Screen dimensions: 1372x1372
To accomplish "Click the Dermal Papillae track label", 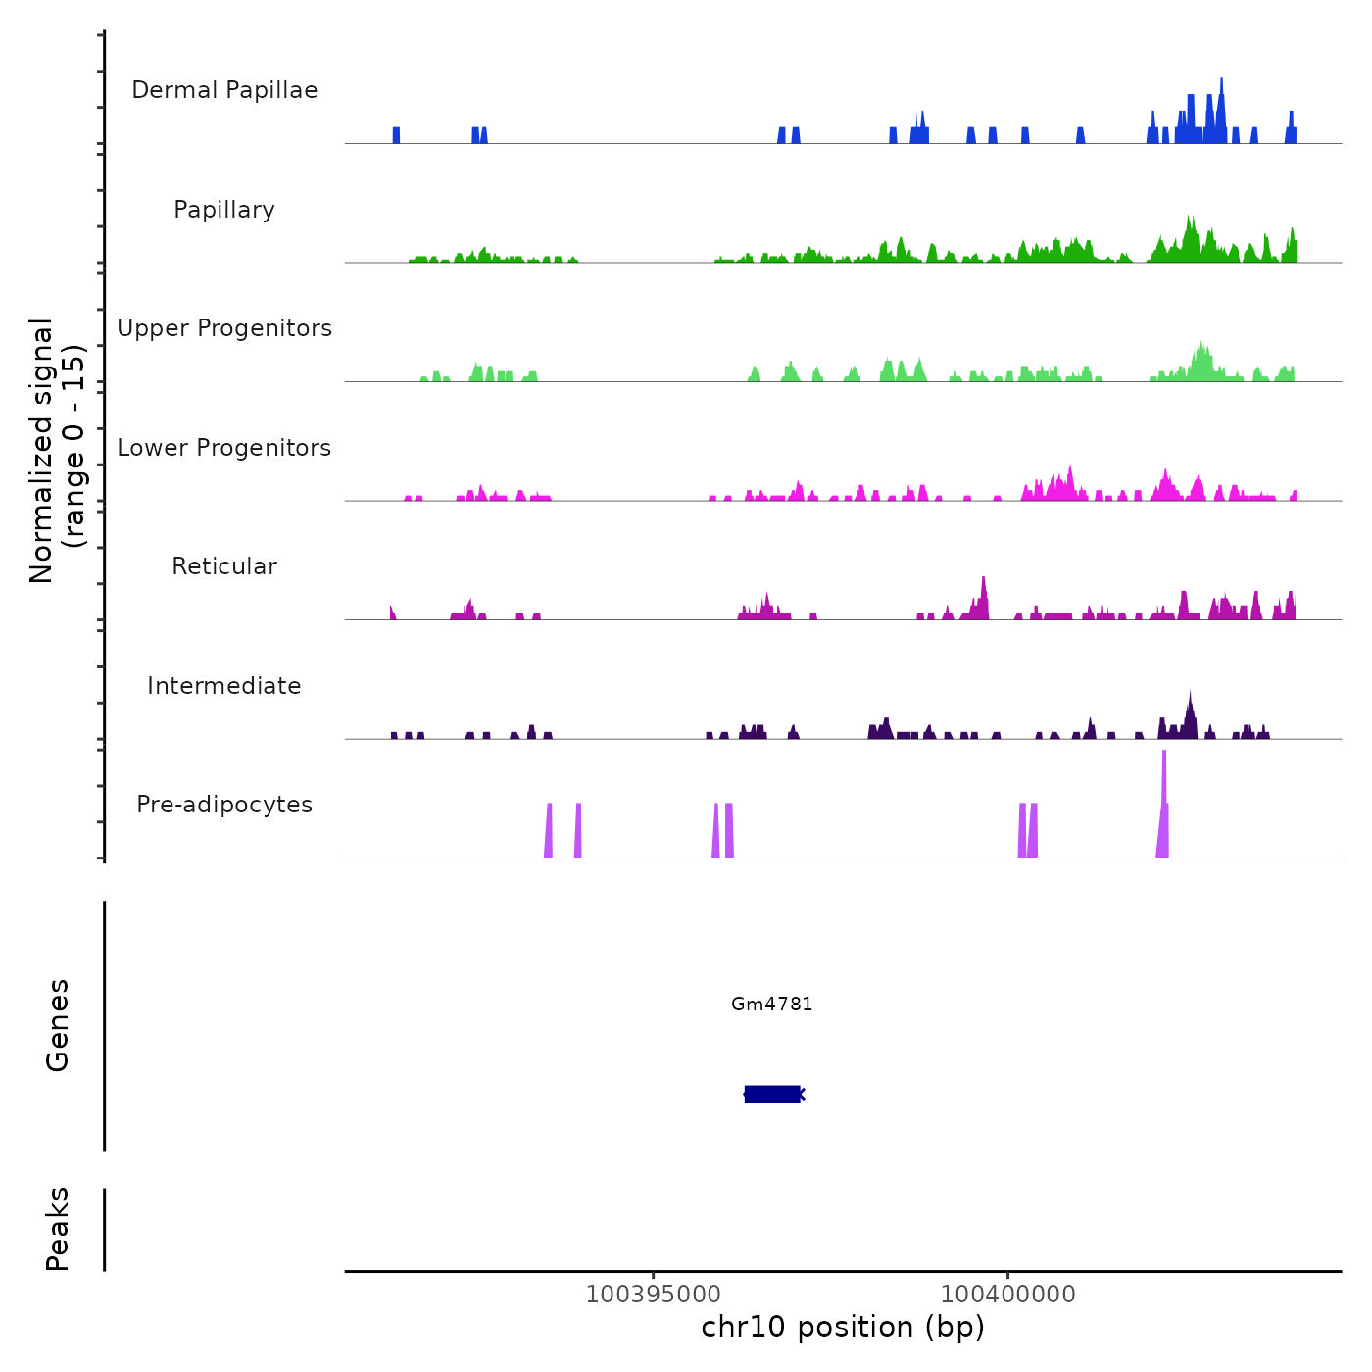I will pos(224,90).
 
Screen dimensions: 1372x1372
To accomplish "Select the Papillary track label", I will pos(224,210).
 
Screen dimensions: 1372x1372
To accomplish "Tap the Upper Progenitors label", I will pos(224,328).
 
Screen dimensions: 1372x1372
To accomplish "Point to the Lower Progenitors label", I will pos(224,448).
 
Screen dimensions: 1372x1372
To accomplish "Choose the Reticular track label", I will pos(224,566).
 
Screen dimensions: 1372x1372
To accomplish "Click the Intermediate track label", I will pos(224,686).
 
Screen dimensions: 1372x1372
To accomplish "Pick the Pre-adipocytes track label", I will pos(224,805).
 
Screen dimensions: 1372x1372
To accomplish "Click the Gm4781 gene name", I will pos(772,1004).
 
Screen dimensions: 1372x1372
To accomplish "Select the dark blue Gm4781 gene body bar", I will pos(772,1094).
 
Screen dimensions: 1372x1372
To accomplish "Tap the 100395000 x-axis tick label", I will pos(653,1295).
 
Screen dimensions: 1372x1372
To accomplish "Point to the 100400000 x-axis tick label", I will pos(1007,1295).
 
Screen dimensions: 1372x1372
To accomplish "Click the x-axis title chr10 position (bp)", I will pos(843,1327).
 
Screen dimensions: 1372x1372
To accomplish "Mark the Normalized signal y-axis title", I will pos(57,450).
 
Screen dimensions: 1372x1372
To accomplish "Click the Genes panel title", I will pos(58,1025).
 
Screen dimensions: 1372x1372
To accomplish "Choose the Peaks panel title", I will pos(58,1229).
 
